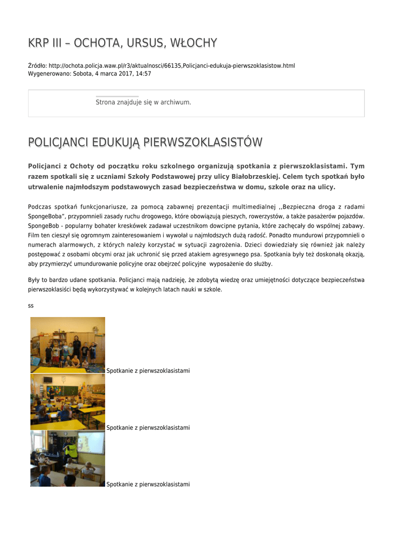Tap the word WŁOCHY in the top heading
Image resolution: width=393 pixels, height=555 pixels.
tap(193, 43)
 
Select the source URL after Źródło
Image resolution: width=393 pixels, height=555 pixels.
tap(172, 66)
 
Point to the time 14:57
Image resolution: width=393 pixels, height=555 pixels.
tap(143, 74)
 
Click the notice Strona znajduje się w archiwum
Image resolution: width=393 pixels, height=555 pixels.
tap(143, 102)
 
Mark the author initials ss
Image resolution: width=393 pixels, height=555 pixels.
tap(31, 306)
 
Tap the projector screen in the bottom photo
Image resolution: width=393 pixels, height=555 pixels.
tap(92, 442)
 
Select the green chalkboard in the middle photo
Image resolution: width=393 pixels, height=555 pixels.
tap(62, 389)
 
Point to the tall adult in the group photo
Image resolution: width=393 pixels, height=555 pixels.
tap(77, 345)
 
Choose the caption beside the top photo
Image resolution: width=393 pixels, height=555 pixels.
tap(148, 371)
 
